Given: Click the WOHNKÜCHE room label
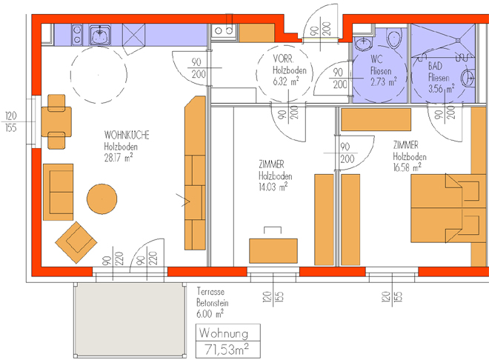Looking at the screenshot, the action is (127, 135).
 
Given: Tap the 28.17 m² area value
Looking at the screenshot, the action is (119, 157).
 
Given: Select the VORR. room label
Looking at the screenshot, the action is (283, 59).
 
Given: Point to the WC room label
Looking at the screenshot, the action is (376, 59).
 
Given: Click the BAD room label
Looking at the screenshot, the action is (435, 66).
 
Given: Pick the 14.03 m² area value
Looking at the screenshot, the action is (273, 187).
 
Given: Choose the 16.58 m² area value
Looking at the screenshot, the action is (408, 167).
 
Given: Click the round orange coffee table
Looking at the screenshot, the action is (102, 199).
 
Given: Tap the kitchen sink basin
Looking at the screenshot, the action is (100, 35).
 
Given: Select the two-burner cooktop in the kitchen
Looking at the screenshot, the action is (77, 35).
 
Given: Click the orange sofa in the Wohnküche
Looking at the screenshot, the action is (58, 192).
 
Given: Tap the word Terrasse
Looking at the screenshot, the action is (210, 292).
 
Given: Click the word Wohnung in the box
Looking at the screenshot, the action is (224, 333).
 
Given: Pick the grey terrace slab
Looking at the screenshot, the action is (129, 320).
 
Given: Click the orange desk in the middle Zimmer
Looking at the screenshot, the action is (273, 251).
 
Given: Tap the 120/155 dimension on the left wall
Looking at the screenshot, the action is (11, 122).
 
